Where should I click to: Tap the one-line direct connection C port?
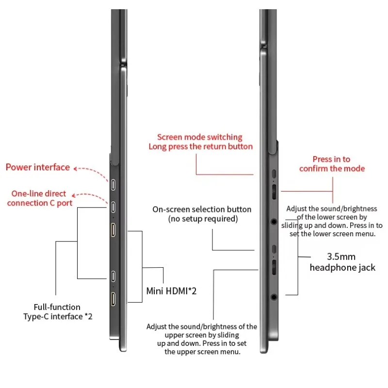click(113, 208)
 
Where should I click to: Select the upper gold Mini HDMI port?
click(113, 231)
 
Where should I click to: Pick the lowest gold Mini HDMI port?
click(113, 299)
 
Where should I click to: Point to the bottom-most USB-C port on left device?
click(113, 276)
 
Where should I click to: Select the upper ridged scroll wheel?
click(274, 192)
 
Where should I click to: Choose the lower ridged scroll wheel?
click(274, 268)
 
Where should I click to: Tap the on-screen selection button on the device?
click(274, 250)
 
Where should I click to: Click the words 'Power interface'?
click(38, 167)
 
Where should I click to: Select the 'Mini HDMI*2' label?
click(171, 291)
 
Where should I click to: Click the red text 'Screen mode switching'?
click(200, 137)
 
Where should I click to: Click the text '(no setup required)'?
click(203, 219)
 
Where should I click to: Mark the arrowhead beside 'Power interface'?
click(74, 168)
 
